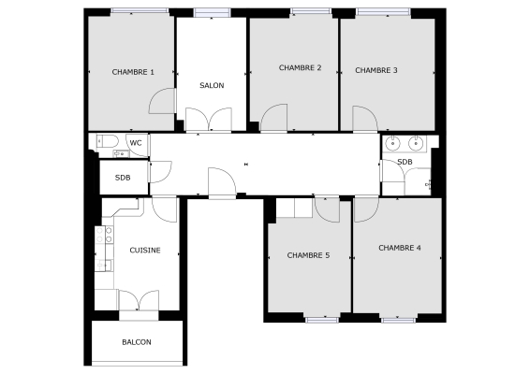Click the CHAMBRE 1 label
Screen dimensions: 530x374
click(x=133, y=72)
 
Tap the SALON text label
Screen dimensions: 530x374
click(x=212, y=85)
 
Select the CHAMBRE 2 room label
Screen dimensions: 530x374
click(x=300, y=67)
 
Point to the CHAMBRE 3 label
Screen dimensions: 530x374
click(x=376, y=70)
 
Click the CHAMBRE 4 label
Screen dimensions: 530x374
click(x=400, y=248)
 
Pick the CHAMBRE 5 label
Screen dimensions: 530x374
click(x=308, y=255)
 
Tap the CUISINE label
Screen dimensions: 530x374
click(x=145, y=251)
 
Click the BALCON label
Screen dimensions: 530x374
click(x=137, y=342)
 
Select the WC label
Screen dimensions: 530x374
click(x=136, y=143)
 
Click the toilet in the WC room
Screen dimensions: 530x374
click(x=107, y=141)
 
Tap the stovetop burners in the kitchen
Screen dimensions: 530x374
click(x=104, y=235)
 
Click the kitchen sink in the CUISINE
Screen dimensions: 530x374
click(x=103, y=265)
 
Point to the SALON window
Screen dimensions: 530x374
click(x=212, y=13)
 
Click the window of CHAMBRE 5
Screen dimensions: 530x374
click(x=322, y=320)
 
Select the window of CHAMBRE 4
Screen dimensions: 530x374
click(x=398, y=320)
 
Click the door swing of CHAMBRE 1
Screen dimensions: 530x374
click(x=162, y=101)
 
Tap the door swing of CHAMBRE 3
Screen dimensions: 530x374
click(x=365, y=119)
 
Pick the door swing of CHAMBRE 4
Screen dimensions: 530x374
click(x=366, y=209)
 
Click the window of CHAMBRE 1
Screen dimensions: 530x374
click(x=140, y=11)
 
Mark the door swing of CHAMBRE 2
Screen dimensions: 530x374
click(x=273, y=118)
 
